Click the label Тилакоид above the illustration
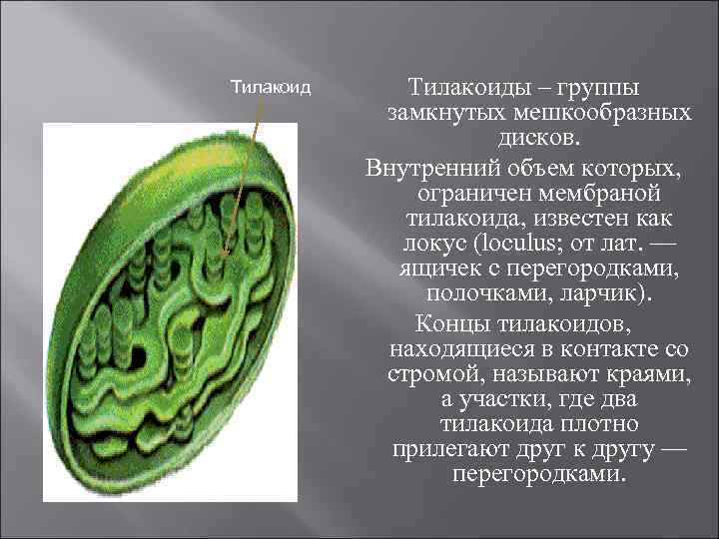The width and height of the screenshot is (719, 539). click(x=271, y=87)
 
